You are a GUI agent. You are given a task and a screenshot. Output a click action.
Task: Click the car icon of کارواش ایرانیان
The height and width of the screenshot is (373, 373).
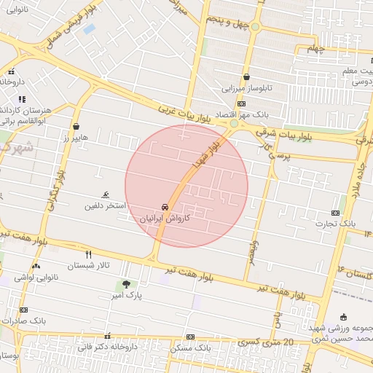click(165, 206)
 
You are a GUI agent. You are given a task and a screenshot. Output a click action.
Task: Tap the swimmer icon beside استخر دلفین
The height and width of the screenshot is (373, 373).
click(108, 195)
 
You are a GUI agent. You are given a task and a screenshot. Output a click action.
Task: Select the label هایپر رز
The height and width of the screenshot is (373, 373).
click(75, 137)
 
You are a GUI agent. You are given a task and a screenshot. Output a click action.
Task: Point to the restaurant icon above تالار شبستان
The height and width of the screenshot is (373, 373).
click(89, 254)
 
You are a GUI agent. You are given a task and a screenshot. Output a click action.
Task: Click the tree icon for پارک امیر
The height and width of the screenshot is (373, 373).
click(127, 284)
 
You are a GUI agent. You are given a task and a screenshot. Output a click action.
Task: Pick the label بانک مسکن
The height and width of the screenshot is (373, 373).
click(190, 348)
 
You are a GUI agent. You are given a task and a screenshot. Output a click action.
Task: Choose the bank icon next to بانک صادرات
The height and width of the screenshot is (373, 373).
click(23, 310)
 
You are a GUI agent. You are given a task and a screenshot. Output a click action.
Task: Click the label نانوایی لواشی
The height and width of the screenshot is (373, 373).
click(34, 278)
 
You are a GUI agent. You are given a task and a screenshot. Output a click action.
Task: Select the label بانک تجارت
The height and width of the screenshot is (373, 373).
click(336, 224)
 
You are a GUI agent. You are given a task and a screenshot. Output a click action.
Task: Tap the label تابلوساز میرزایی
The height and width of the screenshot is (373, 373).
click(246, 88)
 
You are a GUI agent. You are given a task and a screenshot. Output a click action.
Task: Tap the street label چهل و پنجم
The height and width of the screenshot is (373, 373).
click(228, 22)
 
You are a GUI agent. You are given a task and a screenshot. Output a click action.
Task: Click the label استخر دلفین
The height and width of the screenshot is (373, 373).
click(106, 206)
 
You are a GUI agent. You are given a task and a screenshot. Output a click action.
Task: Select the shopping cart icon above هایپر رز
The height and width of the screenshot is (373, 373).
click(76, 126)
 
